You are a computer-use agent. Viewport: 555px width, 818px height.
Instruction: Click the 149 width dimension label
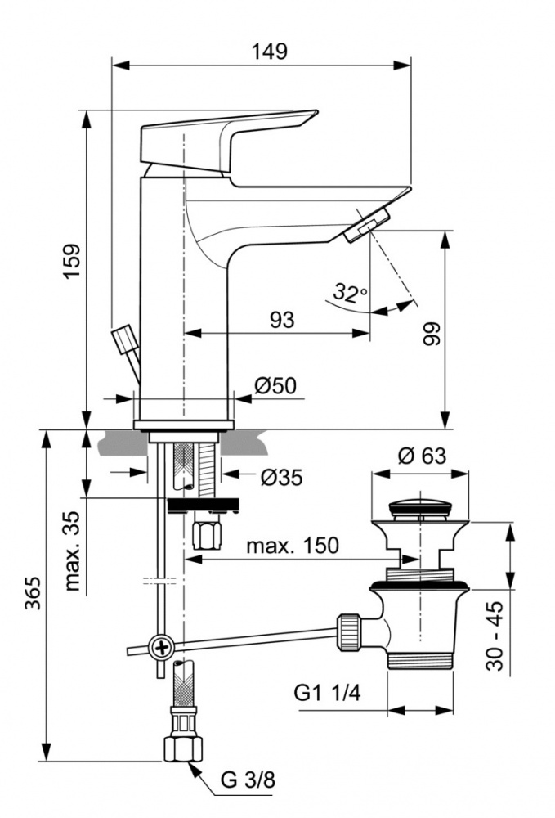pyautogui.click(x=270, y=51)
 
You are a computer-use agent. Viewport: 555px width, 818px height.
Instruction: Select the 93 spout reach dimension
pyautogui.click(x=281, y=320)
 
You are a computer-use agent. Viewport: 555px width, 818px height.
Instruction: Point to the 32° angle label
pyautogui.click(x=350, y=291)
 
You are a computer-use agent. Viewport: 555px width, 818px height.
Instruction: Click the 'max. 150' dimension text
pyautogui.click(x=293, y=546)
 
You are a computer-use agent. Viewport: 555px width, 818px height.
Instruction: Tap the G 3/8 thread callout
pyautogui.click(x=248, y=780)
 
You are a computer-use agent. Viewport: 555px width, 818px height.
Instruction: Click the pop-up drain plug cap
pyautogui.click(x=421, y=509)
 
